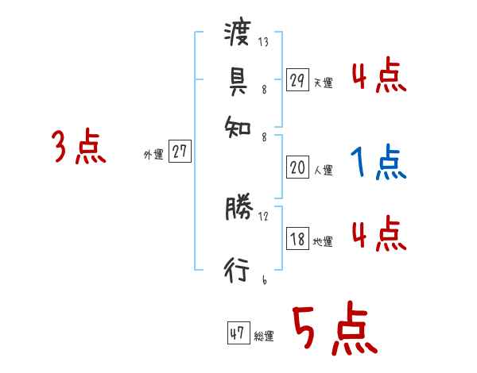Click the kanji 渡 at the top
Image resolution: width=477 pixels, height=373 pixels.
pyautogui.click(x=238, y=35)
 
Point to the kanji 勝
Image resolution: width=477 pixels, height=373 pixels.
pyautogui.click(x=238, y=210)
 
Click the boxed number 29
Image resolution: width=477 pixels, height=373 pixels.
pyautogui.click(x=297, y=80)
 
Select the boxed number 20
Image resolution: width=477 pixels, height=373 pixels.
pyautogui.click(x=297, y=167)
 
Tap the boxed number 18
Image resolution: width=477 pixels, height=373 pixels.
pyautogui.click(x=297, y=239)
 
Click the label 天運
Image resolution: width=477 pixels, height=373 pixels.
pyautogui.click(x=323, y=83)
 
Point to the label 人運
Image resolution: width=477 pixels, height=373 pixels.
pyautogui.click(x=323, y=170)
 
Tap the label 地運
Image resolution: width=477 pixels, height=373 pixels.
pyautogui.click(x=323, y=241)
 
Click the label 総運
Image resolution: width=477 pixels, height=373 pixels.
pyautogui.click(x=264, y=336)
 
